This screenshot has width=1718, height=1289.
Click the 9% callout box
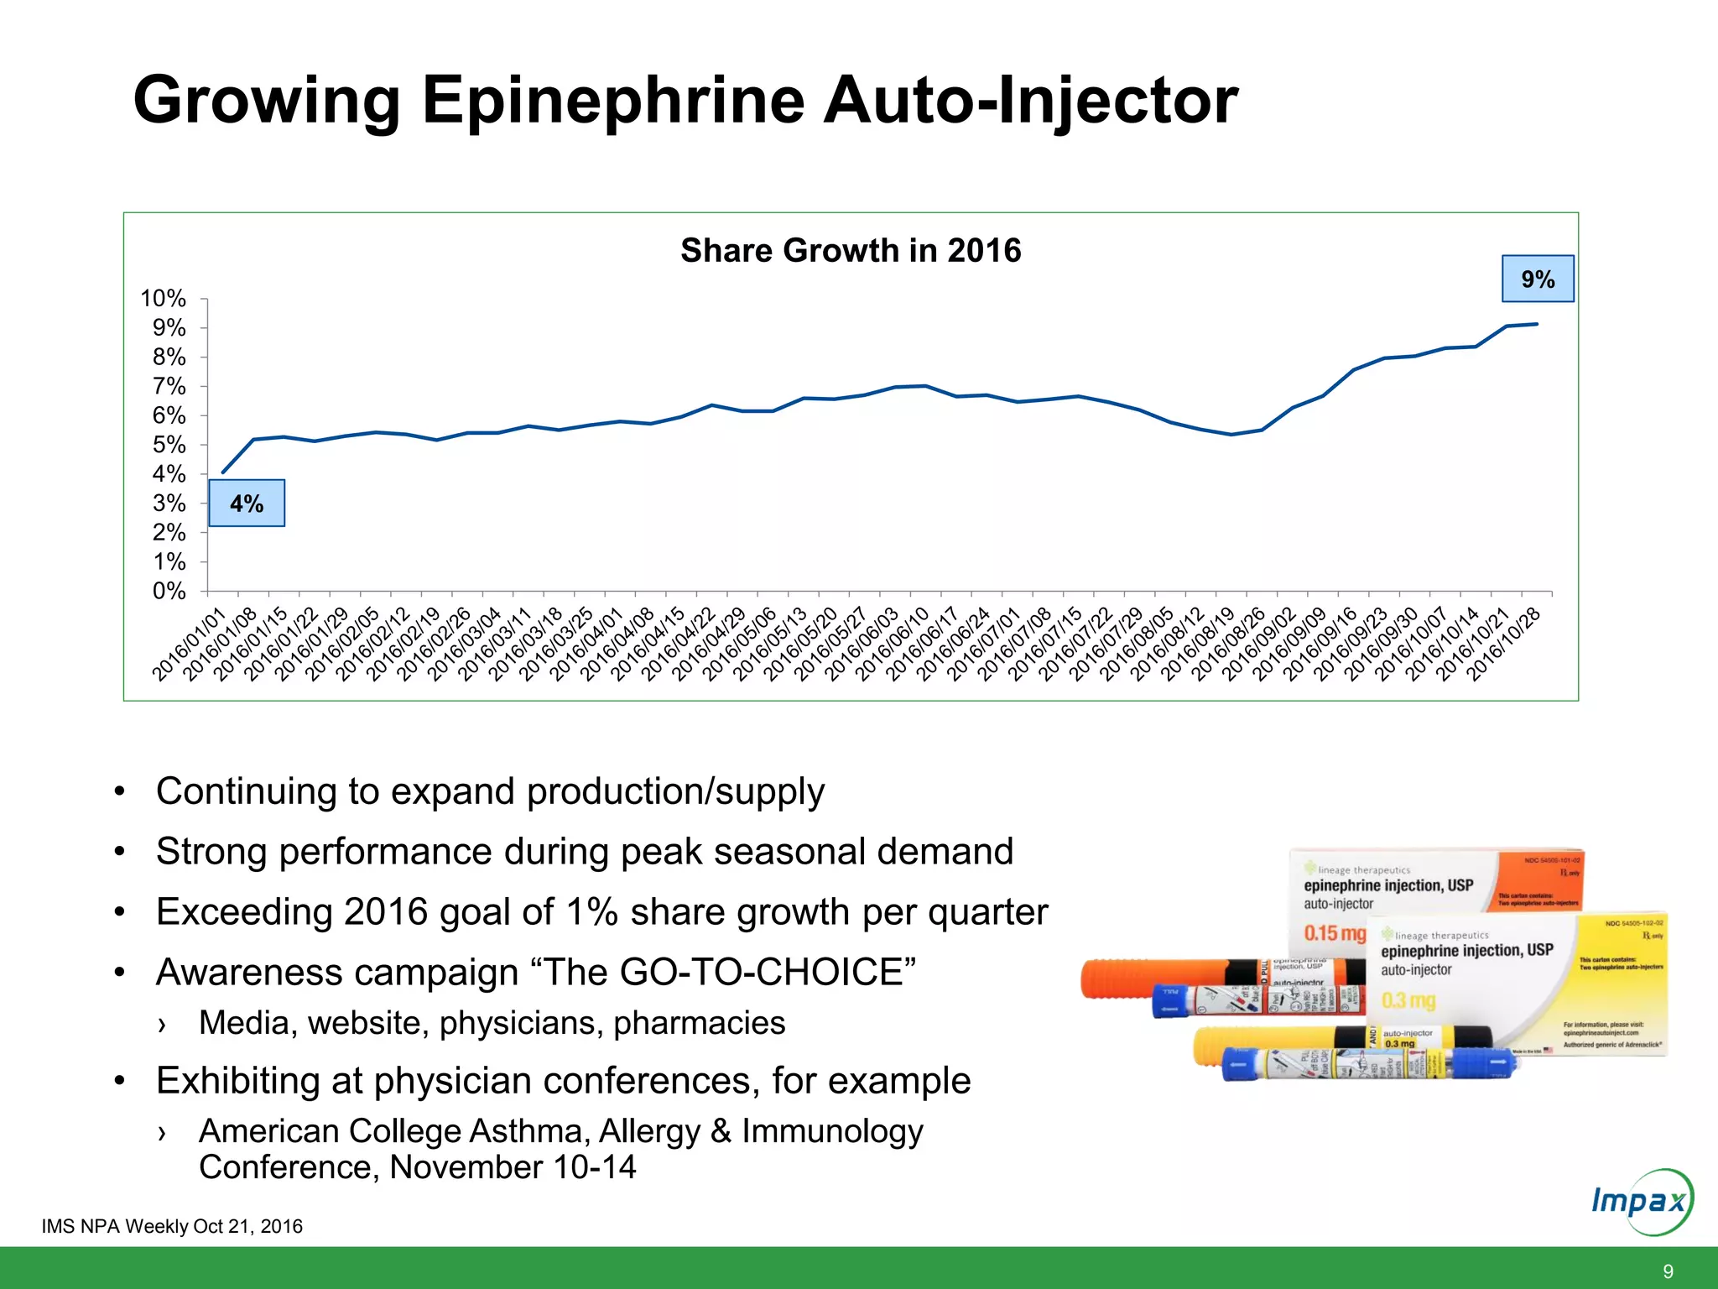pyautogui.click(x=1537, y=279)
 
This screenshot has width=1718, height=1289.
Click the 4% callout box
pyautogui.click(x=247, y=504)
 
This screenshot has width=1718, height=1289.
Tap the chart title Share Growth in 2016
pyautogui.click(x=850, y=250)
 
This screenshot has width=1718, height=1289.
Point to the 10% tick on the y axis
pyautogui.click(x=163, y=299)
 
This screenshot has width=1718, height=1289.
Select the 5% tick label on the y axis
pyautogui.click(x=169, y=445)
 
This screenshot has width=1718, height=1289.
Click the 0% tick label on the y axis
pyautogui.click(x=169, y=591)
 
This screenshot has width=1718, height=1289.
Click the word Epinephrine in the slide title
pyautogui.click(x=613, y=101)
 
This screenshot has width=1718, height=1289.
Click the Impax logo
pyautogui.click(x=1642, y=1201)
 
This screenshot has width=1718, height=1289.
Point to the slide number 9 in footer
pyautogui.click(x=1668, y=1271)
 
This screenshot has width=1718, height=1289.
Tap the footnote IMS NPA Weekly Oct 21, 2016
pyautogui.click(x=172, y=1226)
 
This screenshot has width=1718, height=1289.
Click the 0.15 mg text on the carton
pyautogui.click(x=1334, y=933)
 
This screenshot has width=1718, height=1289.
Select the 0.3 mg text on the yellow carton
pyautogui.click(x=1408, y=1000)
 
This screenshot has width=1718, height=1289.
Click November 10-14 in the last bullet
pyautogui.click(x=513, y=1167)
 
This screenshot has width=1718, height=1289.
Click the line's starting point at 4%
pyautogui.click(x=223, y=472)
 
